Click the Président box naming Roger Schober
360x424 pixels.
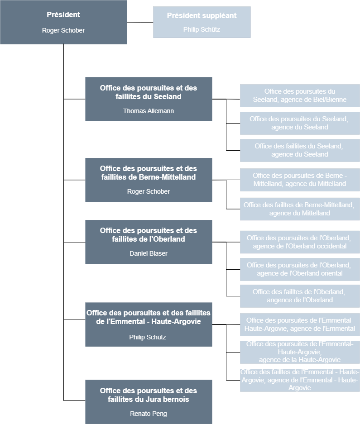63,22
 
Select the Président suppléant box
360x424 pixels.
202,22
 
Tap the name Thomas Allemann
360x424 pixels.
149,111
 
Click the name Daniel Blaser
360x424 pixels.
149,253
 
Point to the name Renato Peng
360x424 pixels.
149,414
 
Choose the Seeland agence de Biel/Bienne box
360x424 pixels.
300,95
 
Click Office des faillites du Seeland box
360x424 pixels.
300,150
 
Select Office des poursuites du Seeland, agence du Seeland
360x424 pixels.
300,123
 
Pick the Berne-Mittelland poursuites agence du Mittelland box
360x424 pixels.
300,180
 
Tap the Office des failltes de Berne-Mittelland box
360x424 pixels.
300,209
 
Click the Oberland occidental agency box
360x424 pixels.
300,242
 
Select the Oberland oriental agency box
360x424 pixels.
300,269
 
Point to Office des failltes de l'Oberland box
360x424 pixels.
300,296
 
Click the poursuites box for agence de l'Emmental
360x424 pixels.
300,324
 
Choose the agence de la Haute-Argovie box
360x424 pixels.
300,352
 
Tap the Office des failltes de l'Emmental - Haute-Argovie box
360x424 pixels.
300,380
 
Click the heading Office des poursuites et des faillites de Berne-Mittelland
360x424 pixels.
149,173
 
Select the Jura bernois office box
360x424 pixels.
149,402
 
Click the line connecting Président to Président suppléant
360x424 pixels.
140,22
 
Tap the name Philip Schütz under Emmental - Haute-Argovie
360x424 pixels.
148,337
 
